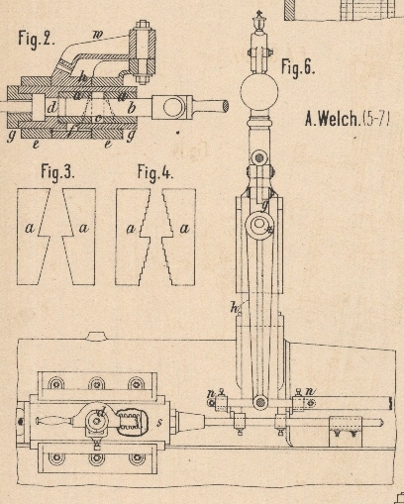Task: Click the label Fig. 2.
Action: (x=37, y=40)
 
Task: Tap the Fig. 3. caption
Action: (x=57, y=172)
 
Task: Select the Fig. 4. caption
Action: (x=154, y=172)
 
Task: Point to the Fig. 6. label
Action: (x=298, y=67)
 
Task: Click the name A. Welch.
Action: (x=332, y=119)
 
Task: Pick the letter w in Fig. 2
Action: (x=97, y=36)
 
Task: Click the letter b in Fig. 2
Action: (x=132, y=108)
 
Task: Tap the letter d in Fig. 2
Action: (x=51, y=108)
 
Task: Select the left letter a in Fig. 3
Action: (x=30, y=228)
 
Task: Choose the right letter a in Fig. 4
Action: (x=184, y=228)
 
